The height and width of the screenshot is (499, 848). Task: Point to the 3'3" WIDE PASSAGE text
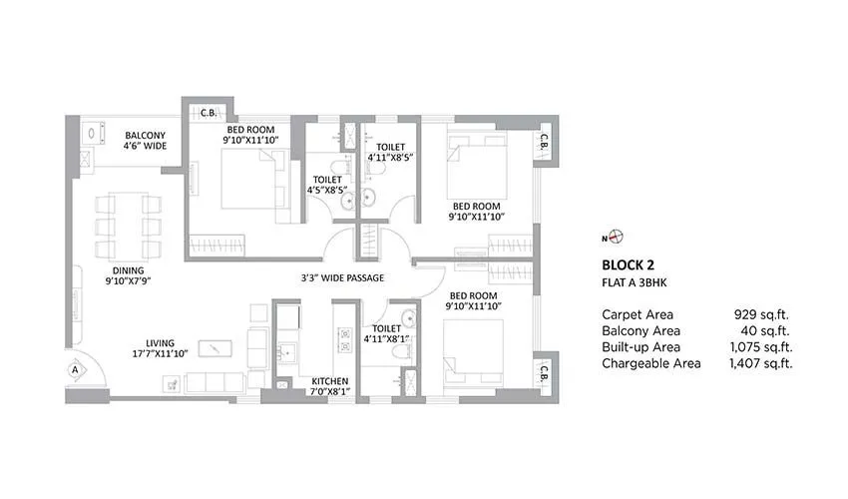point(343,277)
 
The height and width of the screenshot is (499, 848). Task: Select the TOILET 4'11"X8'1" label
point(386,333)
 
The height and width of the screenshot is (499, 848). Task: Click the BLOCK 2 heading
point(630,265)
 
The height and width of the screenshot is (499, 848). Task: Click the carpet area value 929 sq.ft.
point(761,314)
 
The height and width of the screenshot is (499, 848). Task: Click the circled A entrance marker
point(75,369)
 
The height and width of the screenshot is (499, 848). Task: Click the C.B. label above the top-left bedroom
point(209,113)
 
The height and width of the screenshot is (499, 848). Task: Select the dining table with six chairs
point(128,227)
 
